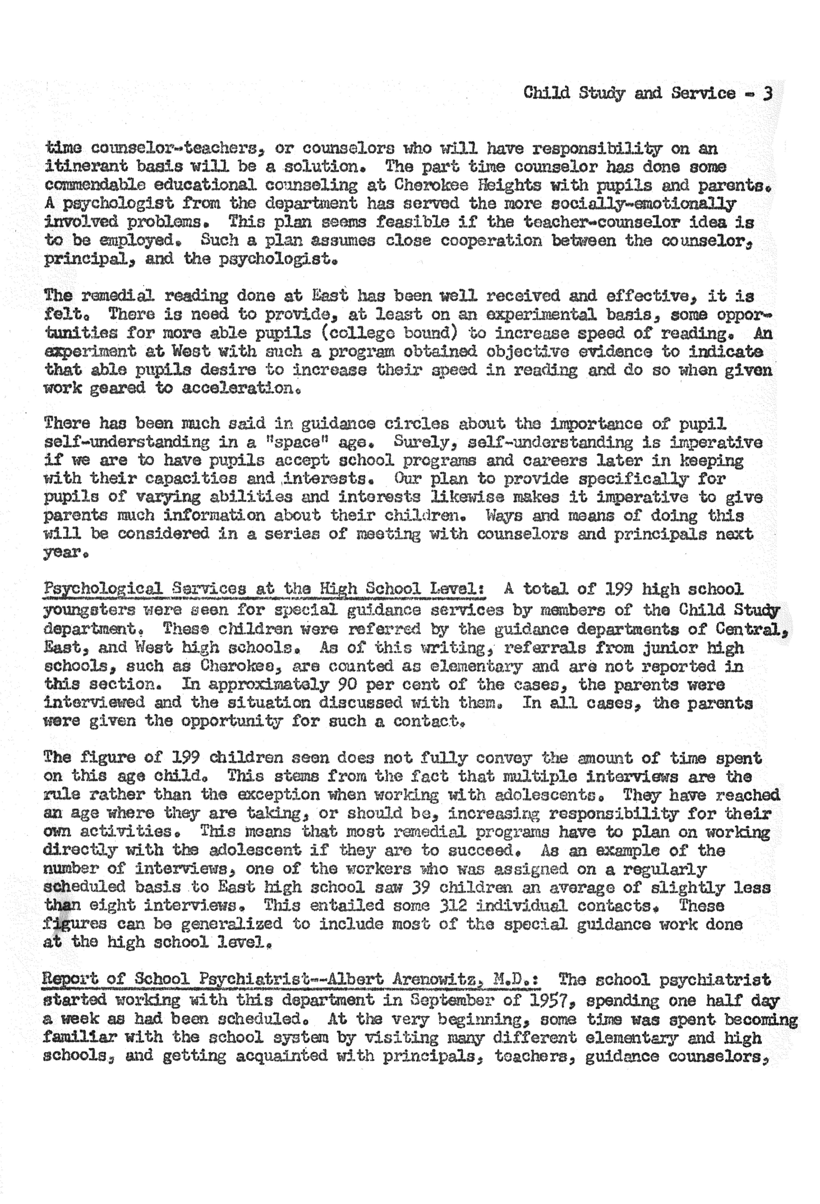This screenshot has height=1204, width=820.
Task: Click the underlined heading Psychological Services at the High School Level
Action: tap(264, 590)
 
